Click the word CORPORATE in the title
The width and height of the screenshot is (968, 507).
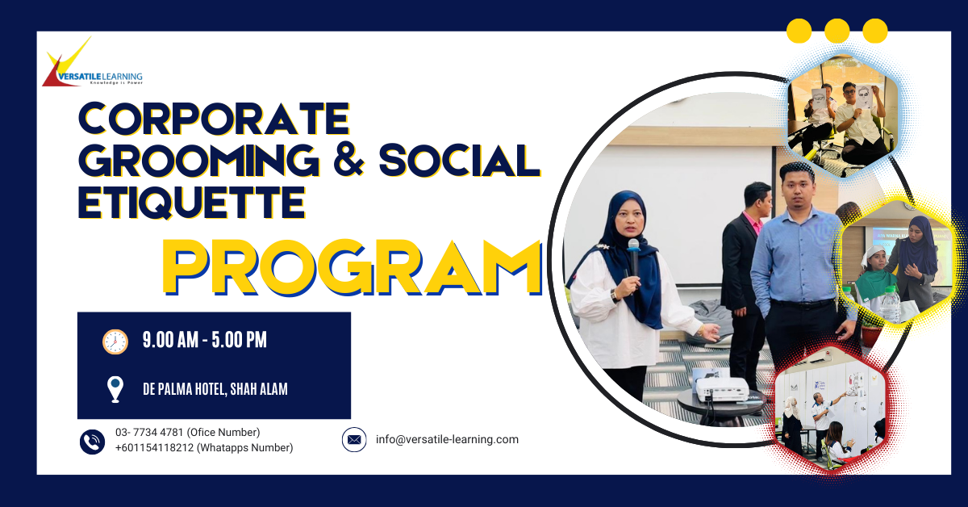[214, 119]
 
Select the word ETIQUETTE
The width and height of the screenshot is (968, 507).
[191, 202]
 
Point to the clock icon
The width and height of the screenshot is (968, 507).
[115, 341]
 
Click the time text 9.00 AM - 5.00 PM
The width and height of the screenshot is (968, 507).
[205, 341]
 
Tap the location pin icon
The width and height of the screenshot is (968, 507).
[115, 389]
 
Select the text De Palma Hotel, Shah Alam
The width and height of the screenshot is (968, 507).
[215, 389]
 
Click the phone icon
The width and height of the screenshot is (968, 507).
[93, 441]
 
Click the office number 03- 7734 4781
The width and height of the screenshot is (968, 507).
[151, 433]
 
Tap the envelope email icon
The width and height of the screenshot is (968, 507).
[354, 440]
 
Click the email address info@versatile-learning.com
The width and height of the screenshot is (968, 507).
[447, 440]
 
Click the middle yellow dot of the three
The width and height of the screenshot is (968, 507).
[837, 31]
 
